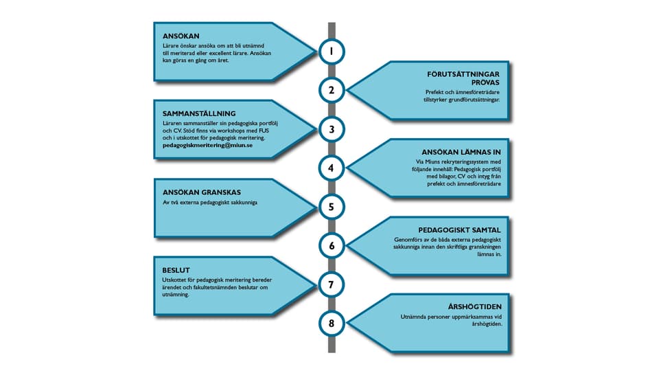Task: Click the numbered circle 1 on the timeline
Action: click(x=331, y=52)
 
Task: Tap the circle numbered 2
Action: click(x=331, y=90)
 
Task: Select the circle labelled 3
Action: click(x=331, y=129)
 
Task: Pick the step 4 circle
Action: click(x=331, y=168)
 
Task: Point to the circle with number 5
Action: click(x=331, y=207)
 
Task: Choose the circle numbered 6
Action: click(x=331, y=245)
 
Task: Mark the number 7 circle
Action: click(x=331, y=284)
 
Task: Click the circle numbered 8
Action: click(x=331, y=324)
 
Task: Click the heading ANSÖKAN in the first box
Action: click(x=181, y=36)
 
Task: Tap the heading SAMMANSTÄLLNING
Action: click(x=199, y=113)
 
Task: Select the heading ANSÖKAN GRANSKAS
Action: click(x=202, y=192)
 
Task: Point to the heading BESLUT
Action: click(x=176, y=270)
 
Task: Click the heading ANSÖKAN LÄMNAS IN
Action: click(x=461, y=152)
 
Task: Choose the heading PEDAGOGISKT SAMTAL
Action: click(x=459, y=230)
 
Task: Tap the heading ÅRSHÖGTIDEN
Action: click(x=475, y=306)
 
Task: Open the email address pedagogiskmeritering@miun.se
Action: click(x=207, y=145)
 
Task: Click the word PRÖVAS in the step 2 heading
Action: click(x=485, y=82)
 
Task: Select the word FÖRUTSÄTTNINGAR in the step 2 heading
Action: click(x=463, y=74)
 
